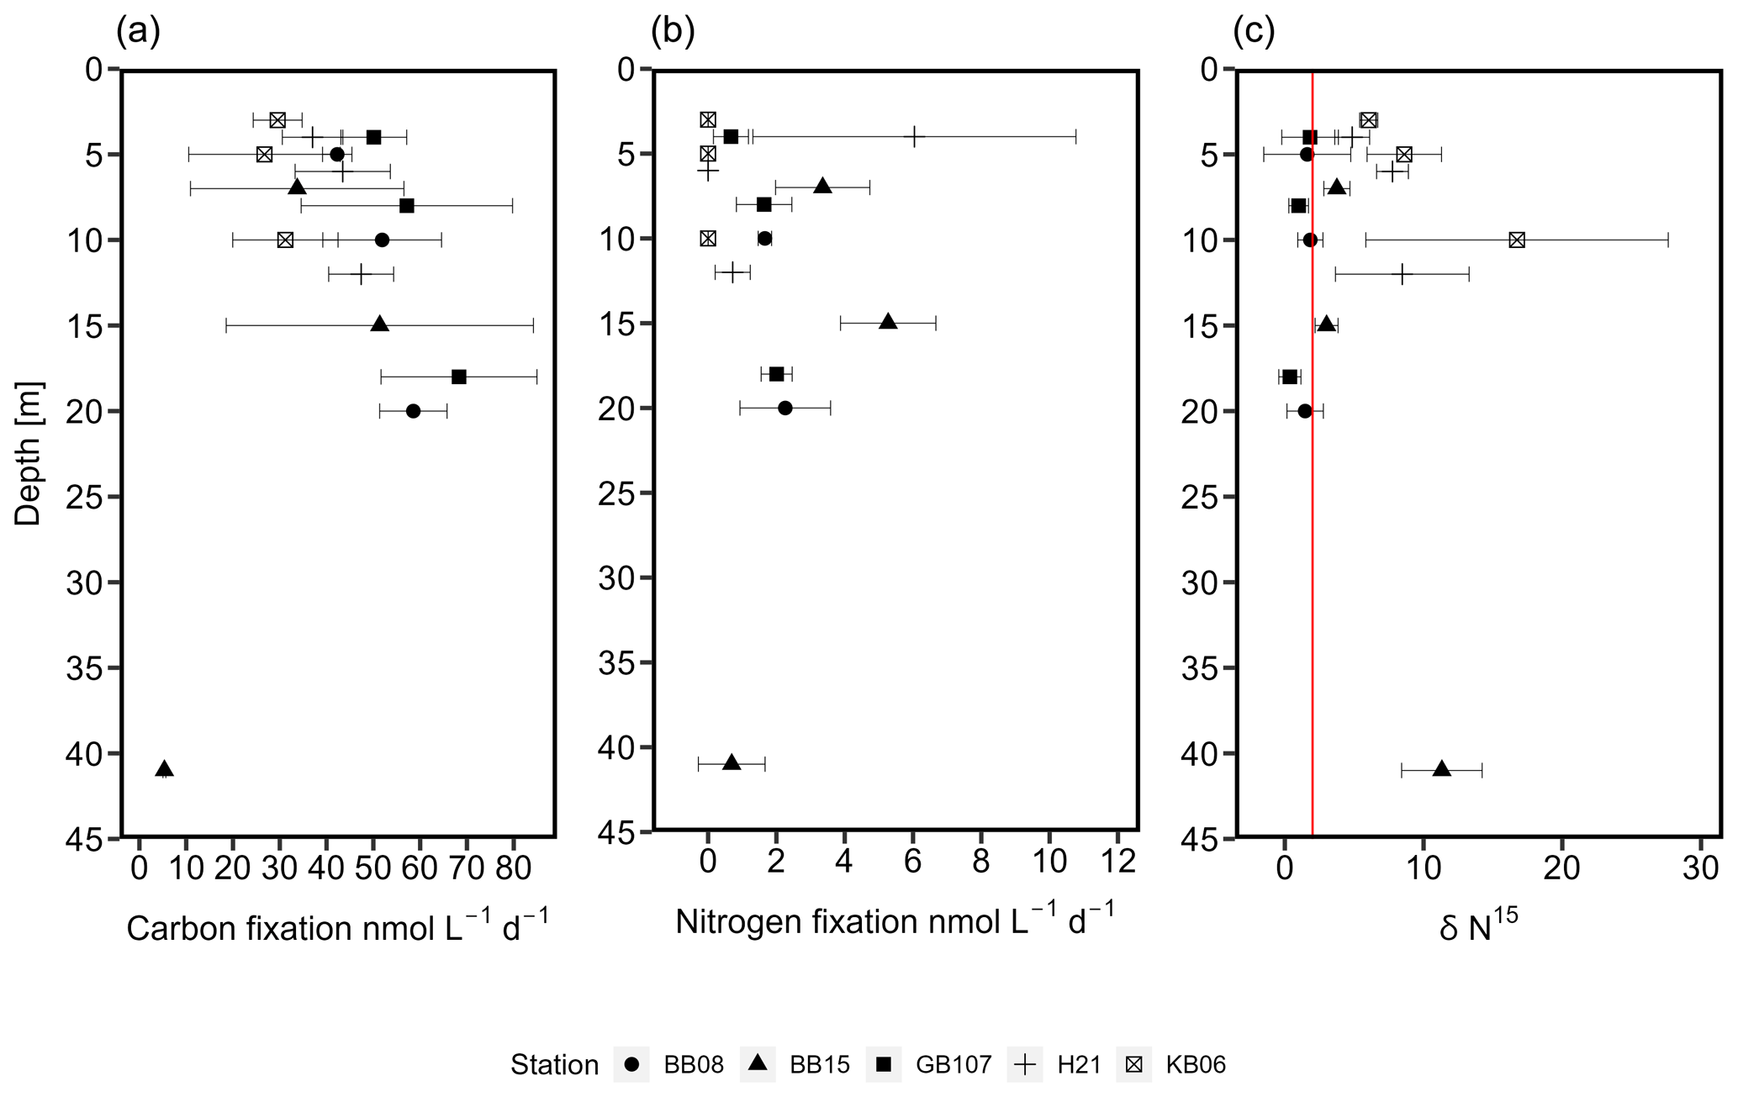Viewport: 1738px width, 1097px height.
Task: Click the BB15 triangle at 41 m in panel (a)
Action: click(165, 769)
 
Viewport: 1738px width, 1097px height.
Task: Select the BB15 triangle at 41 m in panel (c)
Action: click(1441, 769)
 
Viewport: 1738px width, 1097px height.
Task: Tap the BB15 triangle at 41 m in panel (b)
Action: click(732, 762)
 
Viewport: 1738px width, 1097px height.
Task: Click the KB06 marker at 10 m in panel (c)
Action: click(1516, 240)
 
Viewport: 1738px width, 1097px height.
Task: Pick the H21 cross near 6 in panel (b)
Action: click(913, 136)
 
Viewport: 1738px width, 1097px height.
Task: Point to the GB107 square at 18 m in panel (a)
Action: click(458, 377)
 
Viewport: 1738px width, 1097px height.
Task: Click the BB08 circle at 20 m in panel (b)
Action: click(784, 409)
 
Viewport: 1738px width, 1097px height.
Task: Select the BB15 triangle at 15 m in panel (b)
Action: click(888, 322)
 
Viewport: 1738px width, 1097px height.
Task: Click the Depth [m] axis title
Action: click(29, 454)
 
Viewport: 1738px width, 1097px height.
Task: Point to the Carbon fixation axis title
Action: click(337, 928)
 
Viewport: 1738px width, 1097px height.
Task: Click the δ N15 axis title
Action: click(1477, 928)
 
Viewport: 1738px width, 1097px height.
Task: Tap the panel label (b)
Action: click(673, 32)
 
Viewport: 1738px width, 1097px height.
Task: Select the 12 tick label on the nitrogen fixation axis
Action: click(1117, 863)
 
